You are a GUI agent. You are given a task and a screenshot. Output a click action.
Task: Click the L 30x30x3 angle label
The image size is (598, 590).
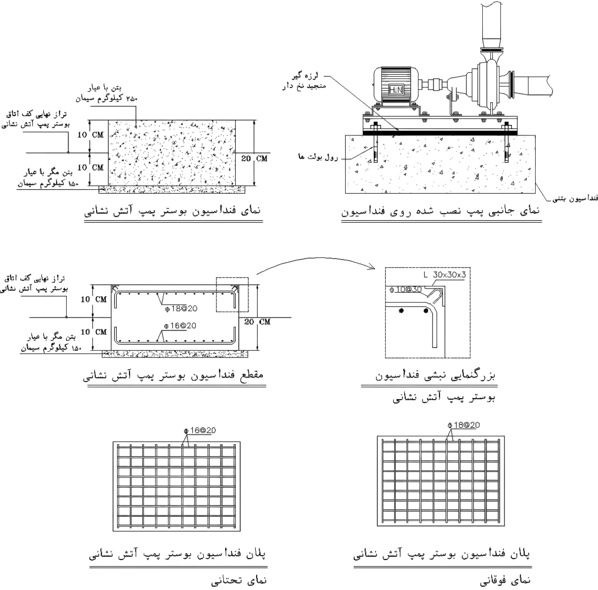click(444, 275)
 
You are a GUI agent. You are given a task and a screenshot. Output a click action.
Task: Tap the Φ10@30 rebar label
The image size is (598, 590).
click(406, 289)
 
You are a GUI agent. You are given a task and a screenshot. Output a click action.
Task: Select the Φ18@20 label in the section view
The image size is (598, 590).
click(181, 309)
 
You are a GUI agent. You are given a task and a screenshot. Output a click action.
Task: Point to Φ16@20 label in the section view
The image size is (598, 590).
click(180, 325)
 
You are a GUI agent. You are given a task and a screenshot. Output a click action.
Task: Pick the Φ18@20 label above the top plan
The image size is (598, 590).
click(464, 425)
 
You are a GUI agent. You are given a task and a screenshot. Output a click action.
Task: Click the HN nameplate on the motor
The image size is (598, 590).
click(396, 90)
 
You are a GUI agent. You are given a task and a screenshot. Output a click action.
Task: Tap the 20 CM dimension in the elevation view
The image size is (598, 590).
click(254, 158)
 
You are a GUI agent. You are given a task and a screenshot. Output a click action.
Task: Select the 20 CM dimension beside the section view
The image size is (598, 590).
click(257, 322)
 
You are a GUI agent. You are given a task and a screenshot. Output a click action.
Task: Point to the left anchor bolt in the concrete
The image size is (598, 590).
click(376, 143)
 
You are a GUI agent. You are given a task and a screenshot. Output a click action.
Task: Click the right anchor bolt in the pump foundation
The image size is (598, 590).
click(507, 143)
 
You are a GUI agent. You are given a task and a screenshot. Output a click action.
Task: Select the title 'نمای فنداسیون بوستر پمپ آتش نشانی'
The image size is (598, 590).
click(172, 211)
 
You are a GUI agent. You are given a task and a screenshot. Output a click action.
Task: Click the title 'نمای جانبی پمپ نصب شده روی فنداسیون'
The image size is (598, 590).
click(440, 211)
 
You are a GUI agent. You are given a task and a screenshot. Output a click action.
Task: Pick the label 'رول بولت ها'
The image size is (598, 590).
click(318, 157)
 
